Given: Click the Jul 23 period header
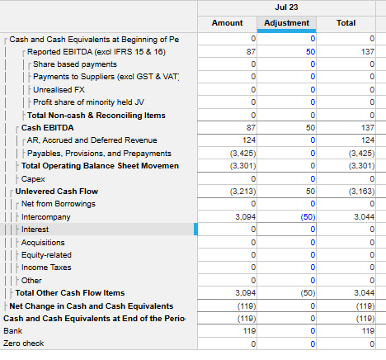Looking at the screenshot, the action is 286,7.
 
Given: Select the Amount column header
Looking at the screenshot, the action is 227,23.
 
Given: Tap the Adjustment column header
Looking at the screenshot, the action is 286,23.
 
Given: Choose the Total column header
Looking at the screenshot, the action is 346,23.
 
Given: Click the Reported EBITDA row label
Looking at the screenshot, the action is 96,52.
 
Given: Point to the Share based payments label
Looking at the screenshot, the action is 75,64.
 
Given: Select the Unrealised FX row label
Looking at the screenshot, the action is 59,90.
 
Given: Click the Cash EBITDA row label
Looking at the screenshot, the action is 48,128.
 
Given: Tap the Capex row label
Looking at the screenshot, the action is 33,179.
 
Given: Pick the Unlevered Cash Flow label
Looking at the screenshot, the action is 57,192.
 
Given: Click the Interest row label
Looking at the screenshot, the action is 35,230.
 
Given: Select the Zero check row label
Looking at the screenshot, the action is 24,343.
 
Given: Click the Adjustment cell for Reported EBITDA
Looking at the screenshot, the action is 286,51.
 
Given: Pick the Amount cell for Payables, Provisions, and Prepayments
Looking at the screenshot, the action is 227,153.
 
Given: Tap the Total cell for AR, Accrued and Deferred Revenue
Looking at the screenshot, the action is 346,140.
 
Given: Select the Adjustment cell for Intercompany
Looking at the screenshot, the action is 286,217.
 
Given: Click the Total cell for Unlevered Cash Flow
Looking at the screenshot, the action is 346,192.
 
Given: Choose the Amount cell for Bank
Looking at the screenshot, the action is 227,330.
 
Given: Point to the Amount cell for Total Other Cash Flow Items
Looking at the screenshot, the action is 227,293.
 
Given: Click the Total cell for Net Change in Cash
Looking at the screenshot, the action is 346,306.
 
